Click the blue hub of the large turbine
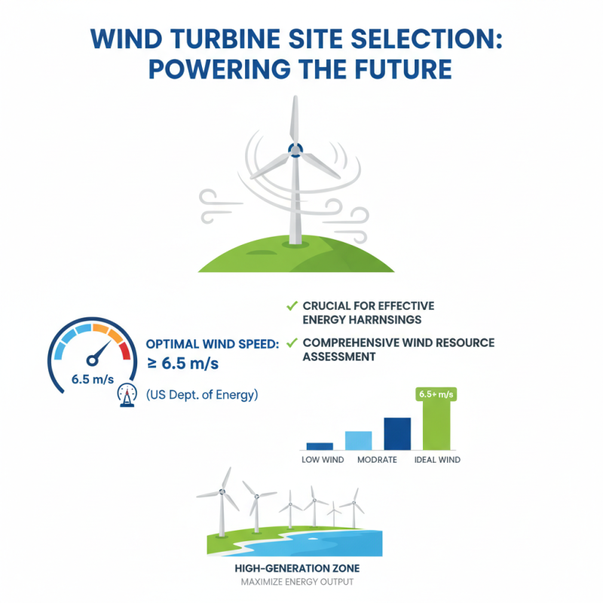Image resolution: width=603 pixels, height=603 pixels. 294,151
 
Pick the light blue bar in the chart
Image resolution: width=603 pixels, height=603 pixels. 358,440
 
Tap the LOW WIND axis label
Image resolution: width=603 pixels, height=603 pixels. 322,460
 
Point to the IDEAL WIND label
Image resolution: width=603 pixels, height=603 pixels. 437,460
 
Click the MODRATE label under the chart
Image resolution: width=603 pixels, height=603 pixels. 377,460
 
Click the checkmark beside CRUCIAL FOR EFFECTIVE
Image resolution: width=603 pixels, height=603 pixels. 290,306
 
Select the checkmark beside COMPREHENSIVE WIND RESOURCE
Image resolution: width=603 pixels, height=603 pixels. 290,343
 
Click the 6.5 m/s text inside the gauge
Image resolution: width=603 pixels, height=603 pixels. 91,379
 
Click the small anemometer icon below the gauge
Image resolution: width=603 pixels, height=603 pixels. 127,396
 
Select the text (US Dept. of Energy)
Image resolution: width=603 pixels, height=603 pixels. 201,393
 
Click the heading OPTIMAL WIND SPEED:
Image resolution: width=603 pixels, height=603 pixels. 212,344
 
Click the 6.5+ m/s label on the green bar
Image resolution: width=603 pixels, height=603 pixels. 436,394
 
